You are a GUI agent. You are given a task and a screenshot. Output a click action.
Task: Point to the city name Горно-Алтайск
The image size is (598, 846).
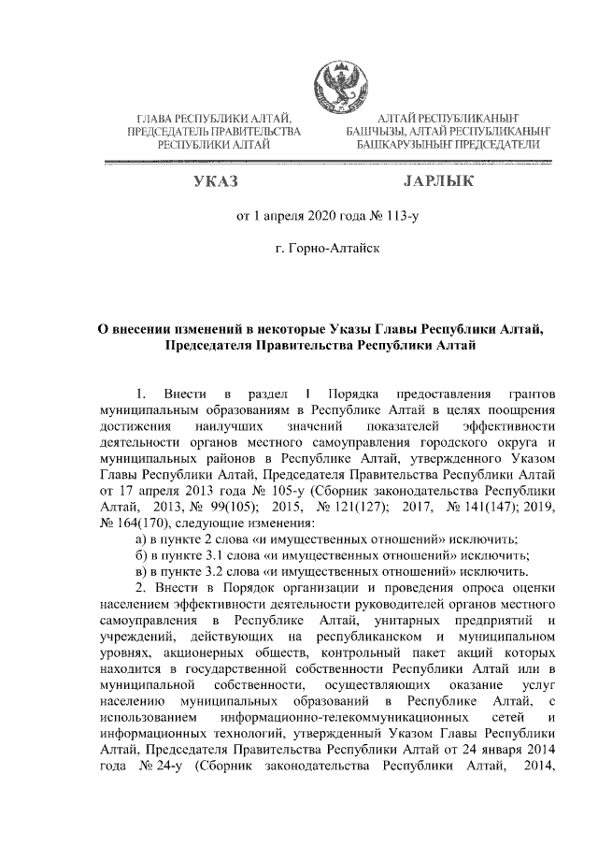click(x=327, y=251)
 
